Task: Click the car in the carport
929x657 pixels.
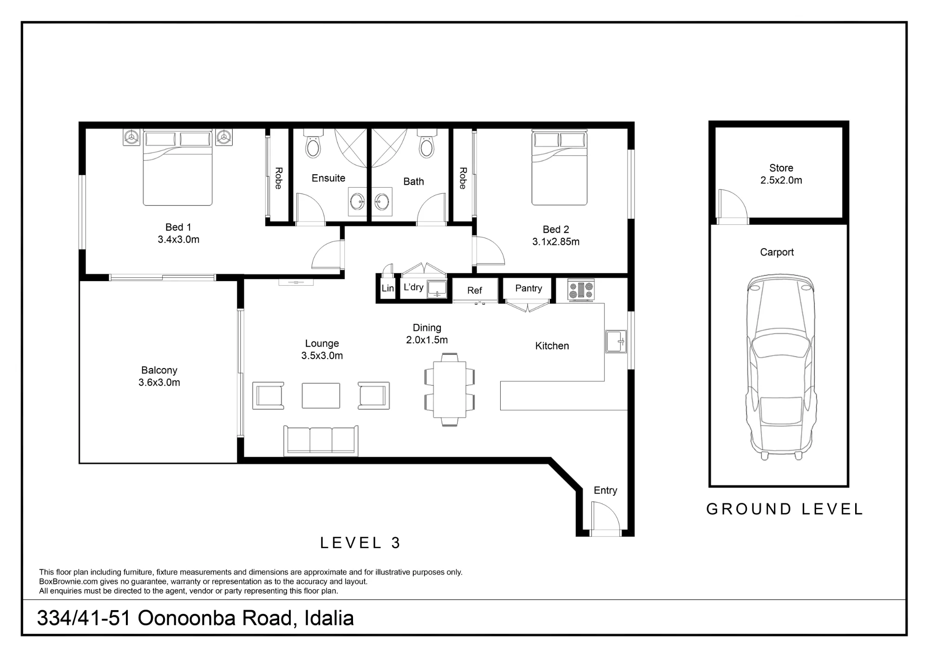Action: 780,367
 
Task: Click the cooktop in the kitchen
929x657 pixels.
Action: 581,290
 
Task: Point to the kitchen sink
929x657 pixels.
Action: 616,342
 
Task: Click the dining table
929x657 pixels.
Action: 450,390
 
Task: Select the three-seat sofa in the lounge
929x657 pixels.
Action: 321,440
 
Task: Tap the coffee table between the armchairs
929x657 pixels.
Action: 321,395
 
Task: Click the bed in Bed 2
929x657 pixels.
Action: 559,167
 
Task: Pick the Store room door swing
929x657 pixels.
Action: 733,204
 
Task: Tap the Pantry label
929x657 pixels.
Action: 529,288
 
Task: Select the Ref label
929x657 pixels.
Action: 474,290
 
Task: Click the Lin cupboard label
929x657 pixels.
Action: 387,288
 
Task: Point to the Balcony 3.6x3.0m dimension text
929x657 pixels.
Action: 159,382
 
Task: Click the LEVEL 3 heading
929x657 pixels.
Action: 360,543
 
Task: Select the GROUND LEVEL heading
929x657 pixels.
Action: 785,509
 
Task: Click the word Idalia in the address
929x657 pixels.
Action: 329,618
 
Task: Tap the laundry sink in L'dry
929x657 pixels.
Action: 437,289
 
